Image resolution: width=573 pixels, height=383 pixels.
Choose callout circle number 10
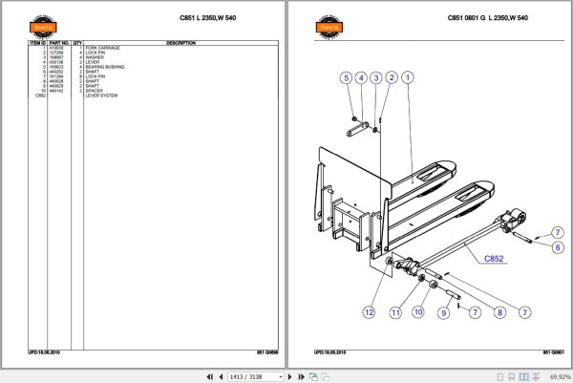tap(417, 311)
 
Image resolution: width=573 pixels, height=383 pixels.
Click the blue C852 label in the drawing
tap(493, 258)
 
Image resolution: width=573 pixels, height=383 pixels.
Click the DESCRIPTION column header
tap(180, 43)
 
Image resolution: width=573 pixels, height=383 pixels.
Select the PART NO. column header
tap(60, 43)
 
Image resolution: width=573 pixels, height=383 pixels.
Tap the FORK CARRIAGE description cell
tap(103, 48)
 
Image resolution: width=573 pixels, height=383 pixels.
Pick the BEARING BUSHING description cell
tap(106, 67)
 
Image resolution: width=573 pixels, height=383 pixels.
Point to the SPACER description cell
tap(95, 91)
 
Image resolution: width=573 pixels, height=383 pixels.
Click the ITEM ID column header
tap(37, 43)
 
